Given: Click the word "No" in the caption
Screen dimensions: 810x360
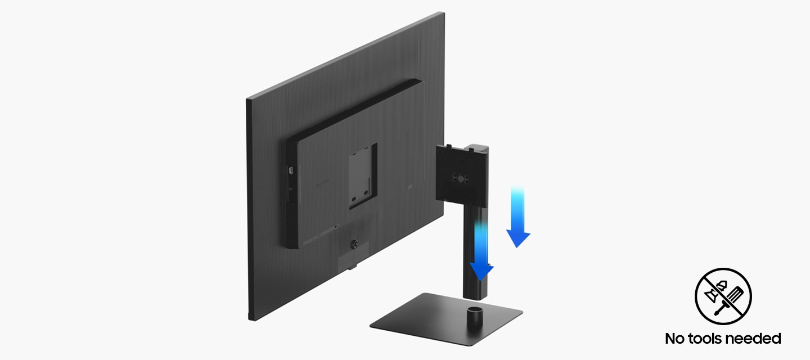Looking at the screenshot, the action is click(675, 339).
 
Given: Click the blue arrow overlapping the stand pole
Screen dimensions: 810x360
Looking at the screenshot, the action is click(481, 251).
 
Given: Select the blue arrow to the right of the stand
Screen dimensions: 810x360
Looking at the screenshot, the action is click(518, 217).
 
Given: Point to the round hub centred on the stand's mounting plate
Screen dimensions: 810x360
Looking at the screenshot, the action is click(460, 178).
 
